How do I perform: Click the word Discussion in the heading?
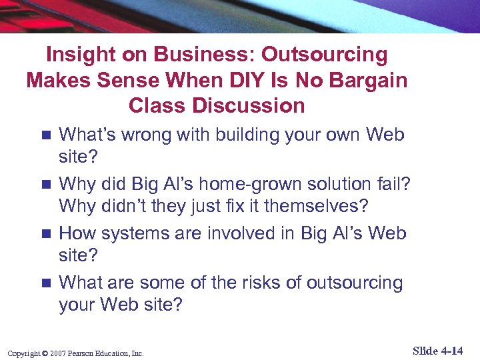[249, 105]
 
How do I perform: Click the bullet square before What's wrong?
[45, 135]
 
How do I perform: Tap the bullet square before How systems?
[45, 234]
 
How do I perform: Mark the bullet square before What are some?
[45, 283]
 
